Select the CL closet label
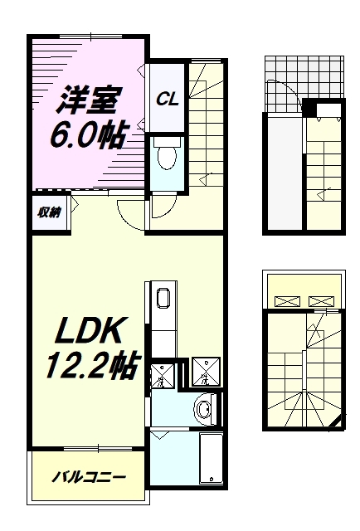(168, 99)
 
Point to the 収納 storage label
(48, 212)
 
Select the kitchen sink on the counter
(163, 300)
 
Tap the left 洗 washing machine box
(163, 375)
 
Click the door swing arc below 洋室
(131, 215)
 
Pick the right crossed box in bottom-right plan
(320, 300)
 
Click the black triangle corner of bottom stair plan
(334, 426)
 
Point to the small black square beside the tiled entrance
(309, 109)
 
